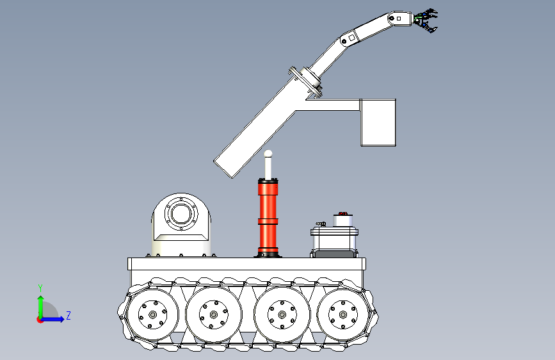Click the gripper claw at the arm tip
[426, 20]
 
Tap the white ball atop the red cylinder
[268, 154]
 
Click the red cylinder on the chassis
[268, 217]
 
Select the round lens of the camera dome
[181, 214]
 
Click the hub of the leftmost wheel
[152, 315]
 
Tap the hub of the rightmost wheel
[342, 315]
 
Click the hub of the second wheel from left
[213, 315]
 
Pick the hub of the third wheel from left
[282, 315]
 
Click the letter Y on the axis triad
[40, 288]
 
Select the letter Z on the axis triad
[68, 315]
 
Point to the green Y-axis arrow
[40, 307]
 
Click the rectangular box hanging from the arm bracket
[378, 122]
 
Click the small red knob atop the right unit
[342, 214]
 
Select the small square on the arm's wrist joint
[399, 19]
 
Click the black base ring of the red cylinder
[268, 255]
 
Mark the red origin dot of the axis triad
[40, 320]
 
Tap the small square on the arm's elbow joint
[352, 38]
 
